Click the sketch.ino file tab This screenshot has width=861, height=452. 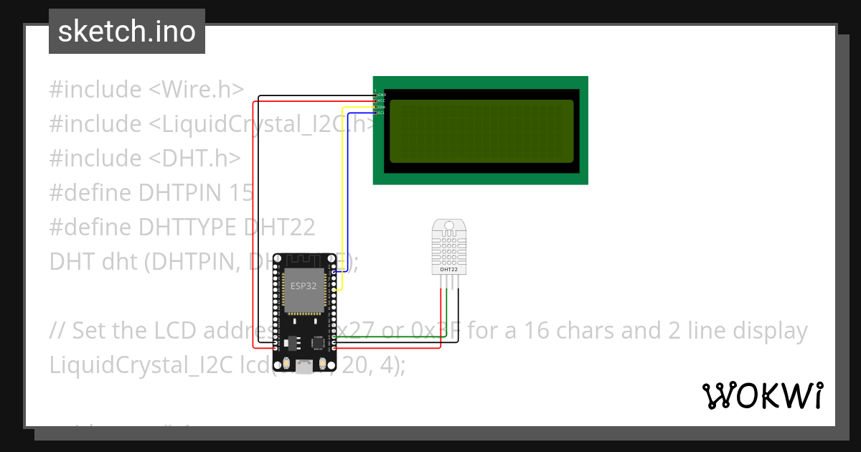127,32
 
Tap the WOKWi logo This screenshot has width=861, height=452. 762,395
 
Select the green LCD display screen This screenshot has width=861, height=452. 481,131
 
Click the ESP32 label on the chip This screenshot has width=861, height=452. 302,286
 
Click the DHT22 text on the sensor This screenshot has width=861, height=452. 448,270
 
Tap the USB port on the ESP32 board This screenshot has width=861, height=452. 304,368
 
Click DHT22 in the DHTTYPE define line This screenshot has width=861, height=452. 280,227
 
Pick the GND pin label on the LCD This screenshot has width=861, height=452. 382,95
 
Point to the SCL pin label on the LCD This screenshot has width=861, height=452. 382,113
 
